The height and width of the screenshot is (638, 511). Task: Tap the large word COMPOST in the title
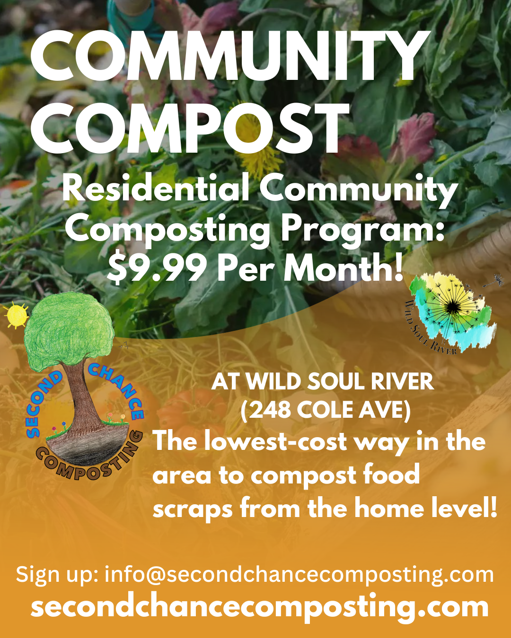[x=190, y=128]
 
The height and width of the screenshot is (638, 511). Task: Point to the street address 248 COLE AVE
[x=326, y=411]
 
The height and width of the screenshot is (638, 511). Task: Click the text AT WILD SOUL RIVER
[x=323, y=381]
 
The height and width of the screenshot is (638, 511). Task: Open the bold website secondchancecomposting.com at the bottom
[x=259, y=607]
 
